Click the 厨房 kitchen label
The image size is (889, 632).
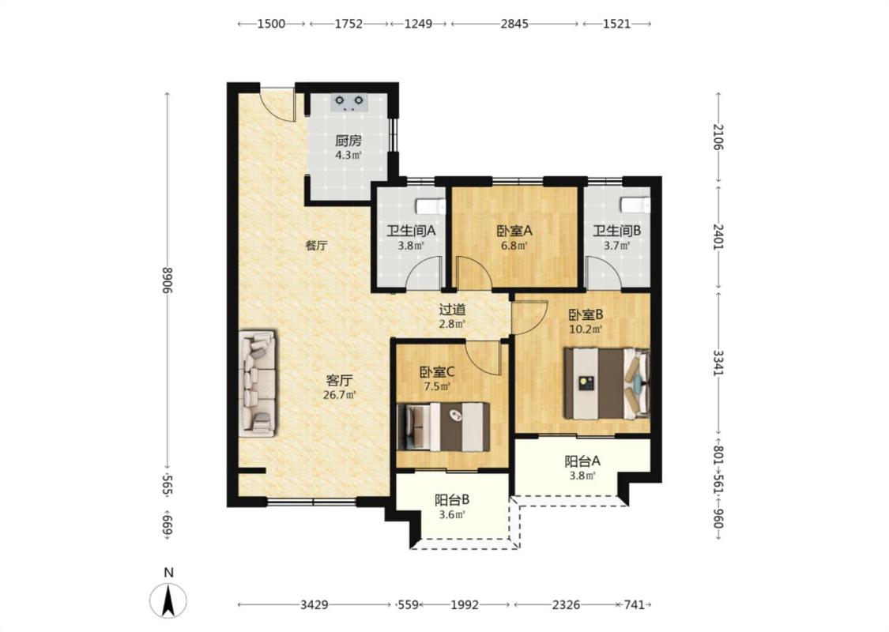tap(348, 141)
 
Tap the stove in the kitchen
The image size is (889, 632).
tap(349, 102)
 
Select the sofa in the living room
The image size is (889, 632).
tap(258, 384)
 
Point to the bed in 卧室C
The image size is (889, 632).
tap(443, 427)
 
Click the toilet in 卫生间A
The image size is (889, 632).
tap(431, 205)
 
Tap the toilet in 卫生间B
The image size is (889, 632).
tap(635, 205)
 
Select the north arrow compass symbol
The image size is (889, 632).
tap(168, 600)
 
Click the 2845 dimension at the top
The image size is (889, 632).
tap(514, 24)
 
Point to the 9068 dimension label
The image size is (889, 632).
tap(168, 280)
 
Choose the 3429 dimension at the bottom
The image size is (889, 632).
tap(314, 605)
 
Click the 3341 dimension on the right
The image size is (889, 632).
tap(718, 363)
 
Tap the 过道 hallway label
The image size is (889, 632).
tap(453, 310)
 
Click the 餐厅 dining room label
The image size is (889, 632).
tap(316, 246)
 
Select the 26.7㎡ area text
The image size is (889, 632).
tap(339, 395)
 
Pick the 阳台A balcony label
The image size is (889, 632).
tap(582, 461)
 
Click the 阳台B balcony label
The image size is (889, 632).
tap(452, 500)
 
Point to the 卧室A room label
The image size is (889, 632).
tap(514, 231)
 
